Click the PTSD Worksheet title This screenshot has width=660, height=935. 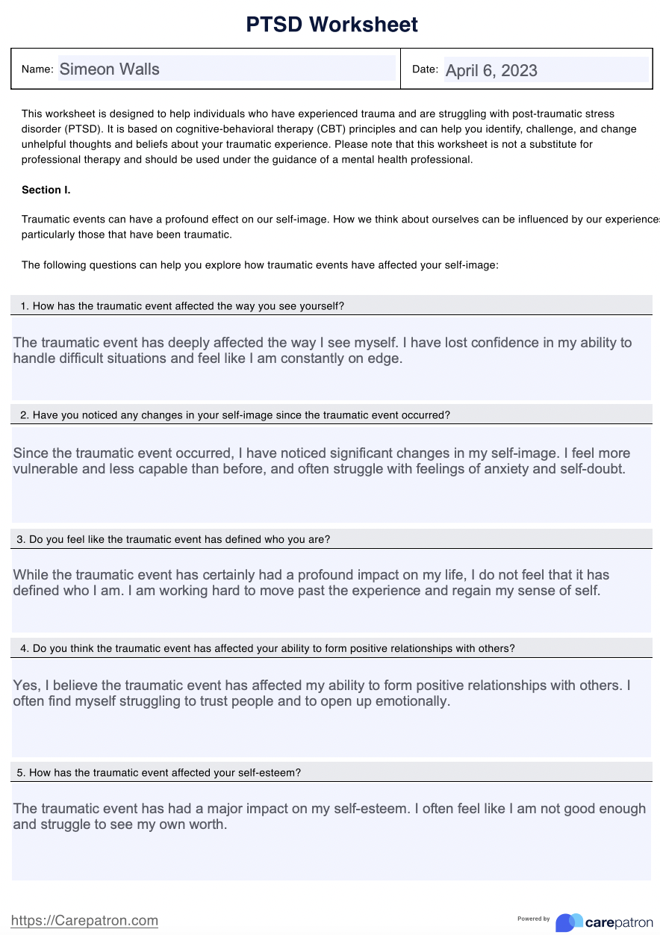332,25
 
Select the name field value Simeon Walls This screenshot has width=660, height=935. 109,69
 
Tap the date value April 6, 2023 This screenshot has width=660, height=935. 491,70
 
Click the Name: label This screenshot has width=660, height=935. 37,69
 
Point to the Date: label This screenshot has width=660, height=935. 425,69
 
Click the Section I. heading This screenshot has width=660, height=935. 46,190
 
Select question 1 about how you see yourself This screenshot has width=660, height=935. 182,305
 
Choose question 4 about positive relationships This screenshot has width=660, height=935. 267,648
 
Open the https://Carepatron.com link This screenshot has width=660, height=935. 85,921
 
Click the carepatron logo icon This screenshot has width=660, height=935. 569,922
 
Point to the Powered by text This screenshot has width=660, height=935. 534,919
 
